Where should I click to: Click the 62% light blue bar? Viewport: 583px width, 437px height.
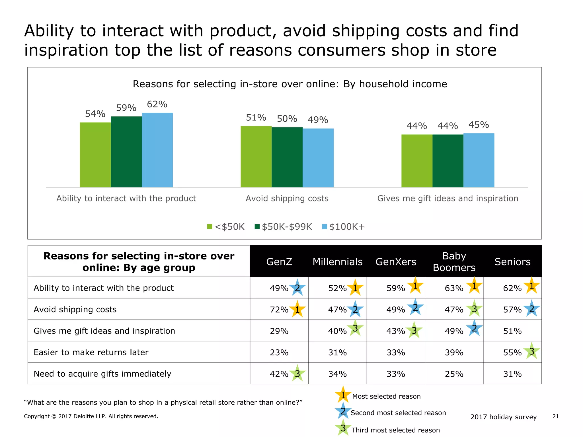(157, 150)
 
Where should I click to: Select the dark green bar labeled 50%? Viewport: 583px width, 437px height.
(287, 157)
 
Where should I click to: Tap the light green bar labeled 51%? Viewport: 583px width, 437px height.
(256, 156)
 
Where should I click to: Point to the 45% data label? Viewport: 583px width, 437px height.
(479, 125)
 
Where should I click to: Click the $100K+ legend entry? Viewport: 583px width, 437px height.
(343, 227)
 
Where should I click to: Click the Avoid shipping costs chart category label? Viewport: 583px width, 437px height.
(287, 198)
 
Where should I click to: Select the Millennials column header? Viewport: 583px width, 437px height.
(337, 261)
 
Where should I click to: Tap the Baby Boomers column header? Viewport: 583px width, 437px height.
(454, 261)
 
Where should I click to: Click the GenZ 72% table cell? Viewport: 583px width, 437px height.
(279, 309)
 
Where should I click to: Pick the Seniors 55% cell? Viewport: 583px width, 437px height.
(512, 353)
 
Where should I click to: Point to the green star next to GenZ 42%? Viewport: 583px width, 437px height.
(297, 373)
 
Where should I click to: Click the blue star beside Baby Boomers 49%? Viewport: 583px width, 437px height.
(474, 329)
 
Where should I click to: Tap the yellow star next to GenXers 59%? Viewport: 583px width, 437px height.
(415, 286)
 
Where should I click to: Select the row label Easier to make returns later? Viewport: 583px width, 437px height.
(91, 352)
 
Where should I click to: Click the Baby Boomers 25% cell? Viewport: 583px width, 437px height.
(454, 374)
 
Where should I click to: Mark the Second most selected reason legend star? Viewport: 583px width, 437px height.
(343, 411)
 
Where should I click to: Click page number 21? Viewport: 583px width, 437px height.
(555, 416)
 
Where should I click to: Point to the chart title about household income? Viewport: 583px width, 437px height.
(290, 84)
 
